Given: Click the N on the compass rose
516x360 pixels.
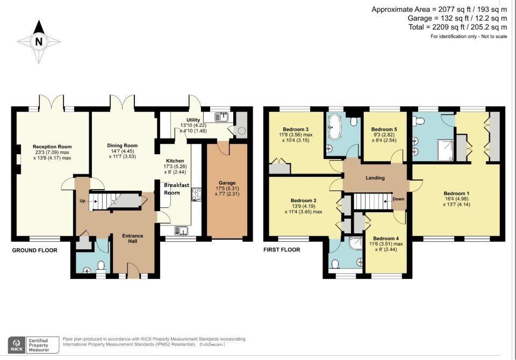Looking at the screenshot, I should (x=38, y=41).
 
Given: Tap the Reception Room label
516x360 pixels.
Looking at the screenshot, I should (x=52, y=147).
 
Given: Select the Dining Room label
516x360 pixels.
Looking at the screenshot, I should (x=123, y=146).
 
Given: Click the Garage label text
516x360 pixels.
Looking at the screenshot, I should (x=227, y=183).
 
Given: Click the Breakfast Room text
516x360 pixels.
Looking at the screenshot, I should (x=176, y=189).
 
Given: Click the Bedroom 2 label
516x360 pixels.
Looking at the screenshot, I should (x=303, y=201).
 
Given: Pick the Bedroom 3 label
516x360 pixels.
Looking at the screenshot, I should (x=295, y=129).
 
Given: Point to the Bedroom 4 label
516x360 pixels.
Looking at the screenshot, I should (x=386, y=239).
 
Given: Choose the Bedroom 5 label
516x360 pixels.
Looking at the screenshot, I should (x=384, y=129).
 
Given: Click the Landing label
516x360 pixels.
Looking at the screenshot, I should (x=376, y=178).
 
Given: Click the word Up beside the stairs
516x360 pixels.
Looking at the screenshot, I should (x=82, y=201).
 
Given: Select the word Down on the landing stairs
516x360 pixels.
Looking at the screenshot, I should (x=398, y=199).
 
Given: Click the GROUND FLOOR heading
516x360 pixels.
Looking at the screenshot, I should (x=34, y=250).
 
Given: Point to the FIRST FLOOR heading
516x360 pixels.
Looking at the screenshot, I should (x=282, y=250).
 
